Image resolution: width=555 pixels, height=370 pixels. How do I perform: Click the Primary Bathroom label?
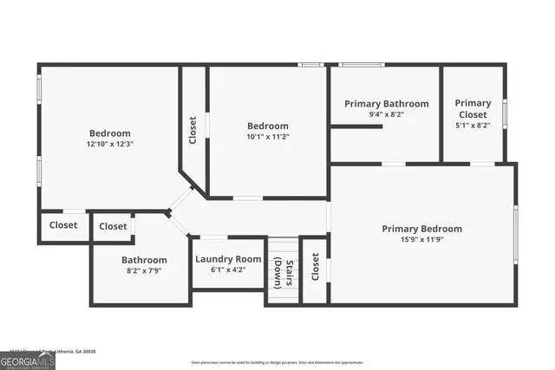tap(386, 104)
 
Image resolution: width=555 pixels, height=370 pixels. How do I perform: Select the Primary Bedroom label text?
tap(422, 229)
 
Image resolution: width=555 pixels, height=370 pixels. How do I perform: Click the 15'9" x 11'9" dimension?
tap(422, 240)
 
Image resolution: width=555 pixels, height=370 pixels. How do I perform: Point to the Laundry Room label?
tap(228, 259)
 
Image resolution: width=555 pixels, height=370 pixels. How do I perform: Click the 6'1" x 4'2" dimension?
tap(228, 269)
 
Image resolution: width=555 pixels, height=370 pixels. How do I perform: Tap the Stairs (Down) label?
tap(283, 274)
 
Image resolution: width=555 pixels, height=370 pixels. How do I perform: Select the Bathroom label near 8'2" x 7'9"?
tap(144, 260)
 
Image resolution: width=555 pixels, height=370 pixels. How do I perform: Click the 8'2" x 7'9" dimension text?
tap(144, 270)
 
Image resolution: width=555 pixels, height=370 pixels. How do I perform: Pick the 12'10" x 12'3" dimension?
tap(110, 144)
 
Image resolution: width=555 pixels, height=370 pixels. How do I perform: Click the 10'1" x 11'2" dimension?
tap(268, 136)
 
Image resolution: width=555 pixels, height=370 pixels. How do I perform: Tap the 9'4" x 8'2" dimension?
tap(386, 114)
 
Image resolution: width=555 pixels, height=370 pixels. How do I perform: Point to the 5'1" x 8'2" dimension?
tap(473, 126)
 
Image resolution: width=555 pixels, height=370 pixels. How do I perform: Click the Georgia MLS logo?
tap(27, 359)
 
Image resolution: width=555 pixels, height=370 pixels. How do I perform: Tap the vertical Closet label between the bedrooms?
tap(193, 130)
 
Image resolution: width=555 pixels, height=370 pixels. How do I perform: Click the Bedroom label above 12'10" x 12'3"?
tap(110, 133)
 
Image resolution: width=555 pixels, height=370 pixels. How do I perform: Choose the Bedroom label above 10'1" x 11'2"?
tap(268, 126)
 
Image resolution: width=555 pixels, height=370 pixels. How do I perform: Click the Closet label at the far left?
tap(63, 225)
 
